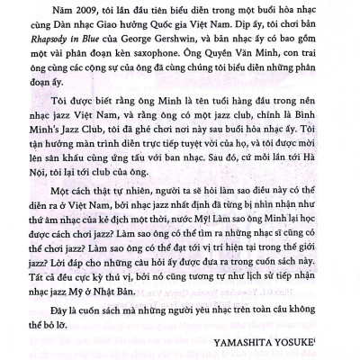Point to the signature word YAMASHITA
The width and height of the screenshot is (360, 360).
pyautogui.click(x=248, y=340)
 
